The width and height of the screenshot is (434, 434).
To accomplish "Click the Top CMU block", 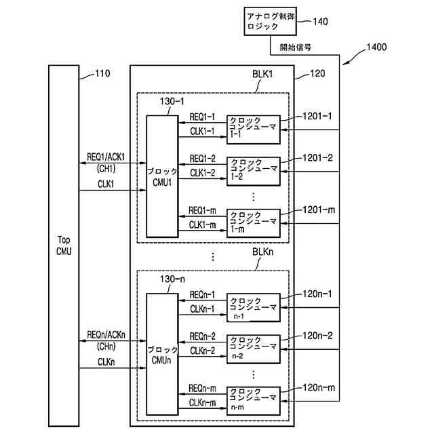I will pyautogui.click(x=64, y=244).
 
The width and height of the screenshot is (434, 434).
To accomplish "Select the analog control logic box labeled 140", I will pyautogui.click(x=269, y=22).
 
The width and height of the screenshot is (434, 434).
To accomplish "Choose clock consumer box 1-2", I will pyautogui.click(x=253, y=170).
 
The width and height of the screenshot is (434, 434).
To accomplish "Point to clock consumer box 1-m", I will pyautogui.click(x=253, y=221).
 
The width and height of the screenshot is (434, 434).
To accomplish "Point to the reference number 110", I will pyautogui.click(x=102, y=73).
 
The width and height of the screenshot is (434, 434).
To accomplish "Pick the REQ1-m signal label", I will pyautogui.click(x=201, y=210).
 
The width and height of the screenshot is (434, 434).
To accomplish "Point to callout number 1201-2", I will pyautogui.click(x=318, y=157).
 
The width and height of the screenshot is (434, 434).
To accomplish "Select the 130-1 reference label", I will pyautogui.click(x=172, y=101).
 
